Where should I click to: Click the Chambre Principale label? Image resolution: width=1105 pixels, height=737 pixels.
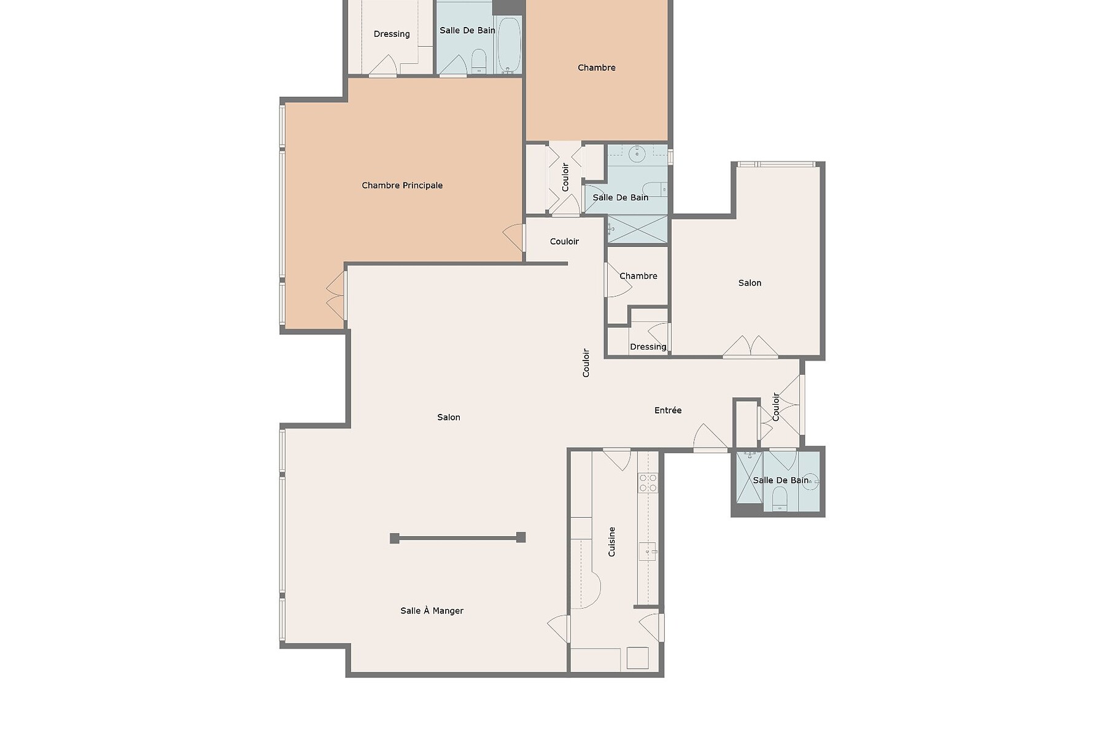click(x=401, y=185)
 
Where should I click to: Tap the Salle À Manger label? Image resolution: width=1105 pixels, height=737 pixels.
click(x=432, y=610)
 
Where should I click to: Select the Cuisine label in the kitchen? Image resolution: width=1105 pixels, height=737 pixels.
click(x=611, y=542)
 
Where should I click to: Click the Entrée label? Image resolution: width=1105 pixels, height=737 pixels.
click(x=667, y=410)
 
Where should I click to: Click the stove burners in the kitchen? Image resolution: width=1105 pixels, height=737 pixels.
click(x=648, y=482)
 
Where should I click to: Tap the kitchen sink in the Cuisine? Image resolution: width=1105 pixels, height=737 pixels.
click(x=647, y=551)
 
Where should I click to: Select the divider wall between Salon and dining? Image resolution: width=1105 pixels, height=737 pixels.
click(x=457, y=538)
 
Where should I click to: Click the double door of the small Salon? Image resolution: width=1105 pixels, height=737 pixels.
click(x=750, y=347)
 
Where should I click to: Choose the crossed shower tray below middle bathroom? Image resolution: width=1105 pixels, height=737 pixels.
click(x=637, y=229)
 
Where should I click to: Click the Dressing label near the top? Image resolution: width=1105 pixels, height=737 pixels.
click(x=392, y=34)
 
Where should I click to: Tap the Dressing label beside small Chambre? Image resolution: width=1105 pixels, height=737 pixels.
click(x=648, y=347)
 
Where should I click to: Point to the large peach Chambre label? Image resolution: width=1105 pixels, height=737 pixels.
click(x=596, y=68)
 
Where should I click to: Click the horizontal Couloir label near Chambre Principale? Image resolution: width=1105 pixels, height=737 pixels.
click(x=564, y=241)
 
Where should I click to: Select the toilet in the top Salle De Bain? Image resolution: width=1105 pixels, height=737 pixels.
click(x=479, y=60)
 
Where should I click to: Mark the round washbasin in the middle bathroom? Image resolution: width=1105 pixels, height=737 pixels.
click(x=637, y=154)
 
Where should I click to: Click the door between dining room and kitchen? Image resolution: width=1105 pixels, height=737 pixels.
click(x=559, y=628)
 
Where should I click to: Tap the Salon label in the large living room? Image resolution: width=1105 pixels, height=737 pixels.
click(x=448, y=417)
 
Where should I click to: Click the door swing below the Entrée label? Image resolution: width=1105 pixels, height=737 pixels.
click(x=710, y=437)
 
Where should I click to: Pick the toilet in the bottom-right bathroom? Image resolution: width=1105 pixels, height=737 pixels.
click(x=780, y=498)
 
